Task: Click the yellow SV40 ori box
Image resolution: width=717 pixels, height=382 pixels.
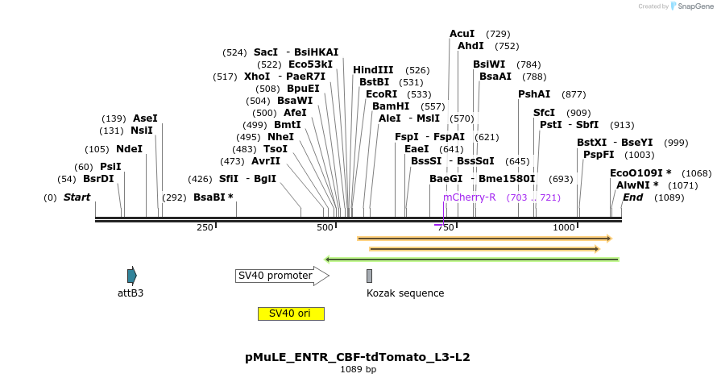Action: [291, 313]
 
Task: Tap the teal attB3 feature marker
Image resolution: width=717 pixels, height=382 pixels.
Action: [132, 276]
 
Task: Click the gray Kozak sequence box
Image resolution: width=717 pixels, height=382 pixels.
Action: [369, 276]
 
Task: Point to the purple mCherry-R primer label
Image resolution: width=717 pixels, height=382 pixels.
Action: [469, 197]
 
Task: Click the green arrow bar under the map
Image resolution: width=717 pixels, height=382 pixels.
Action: [471, 260]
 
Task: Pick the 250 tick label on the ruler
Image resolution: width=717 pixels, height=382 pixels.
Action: [205, 228]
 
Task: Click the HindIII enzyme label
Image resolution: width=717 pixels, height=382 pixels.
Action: [373, 70]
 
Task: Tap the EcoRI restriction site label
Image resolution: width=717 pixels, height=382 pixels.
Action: [381, 94]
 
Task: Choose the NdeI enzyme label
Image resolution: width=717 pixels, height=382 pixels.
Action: [129, 149]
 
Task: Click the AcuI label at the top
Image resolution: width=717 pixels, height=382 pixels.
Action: [462, 34]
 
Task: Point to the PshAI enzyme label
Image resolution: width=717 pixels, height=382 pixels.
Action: [534, 94]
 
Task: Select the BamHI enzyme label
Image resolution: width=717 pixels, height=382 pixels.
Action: [390, 106]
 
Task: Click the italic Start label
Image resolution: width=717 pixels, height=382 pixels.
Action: [77, 197]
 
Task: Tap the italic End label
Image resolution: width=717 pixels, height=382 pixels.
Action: [633, 197]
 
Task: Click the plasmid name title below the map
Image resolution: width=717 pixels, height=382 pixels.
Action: [358, 356]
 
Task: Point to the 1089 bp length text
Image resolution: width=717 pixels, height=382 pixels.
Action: [358, 370]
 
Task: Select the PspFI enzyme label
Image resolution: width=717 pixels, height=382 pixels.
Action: [599, 155]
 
